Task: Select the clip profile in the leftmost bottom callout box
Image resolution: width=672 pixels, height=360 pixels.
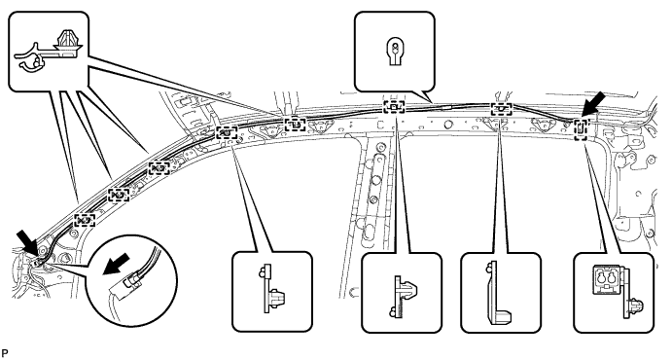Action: coord(271,288)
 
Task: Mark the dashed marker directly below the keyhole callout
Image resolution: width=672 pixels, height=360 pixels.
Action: coord(394,107)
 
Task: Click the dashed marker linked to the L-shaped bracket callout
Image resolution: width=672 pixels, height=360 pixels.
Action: coord(501,109)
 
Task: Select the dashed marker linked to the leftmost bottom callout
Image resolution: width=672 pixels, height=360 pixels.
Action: coord(226,132)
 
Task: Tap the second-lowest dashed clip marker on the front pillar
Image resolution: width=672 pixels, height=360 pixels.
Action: coord(118,195)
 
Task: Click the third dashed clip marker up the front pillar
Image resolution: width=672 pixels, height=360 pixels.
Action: coord(158,169)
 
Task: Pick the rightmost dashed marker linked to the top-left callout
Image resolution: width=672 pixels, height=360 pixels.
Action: coord(295,123)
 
